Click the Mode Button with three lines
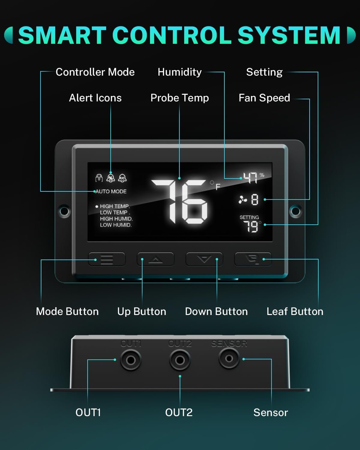point(107,259)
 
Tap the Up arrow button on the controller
point(155,259)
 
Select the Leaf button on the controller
point(253,259)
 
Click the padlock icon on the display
point(99,178)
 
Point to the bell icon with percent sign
point(110,178)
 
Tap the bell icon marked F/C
point(122,178)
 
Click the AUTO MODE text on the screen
point(111,191)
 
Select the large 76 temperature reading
point(179,202)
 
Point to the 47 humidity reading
point(250,178)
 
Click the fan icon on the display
point(243,200)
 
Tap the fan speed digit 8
point(254,200)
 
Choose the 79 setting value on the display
point(251,227)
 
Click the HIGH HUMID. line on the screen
point(116,219)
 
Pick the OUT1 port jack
point(131,360)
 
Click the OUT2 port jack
point(180,360)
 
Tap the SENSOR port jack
point(229,358)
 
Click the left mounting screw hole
point(64,211)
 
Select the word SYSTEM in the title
point(289,35)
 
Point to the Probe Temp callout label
point(180,98)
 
